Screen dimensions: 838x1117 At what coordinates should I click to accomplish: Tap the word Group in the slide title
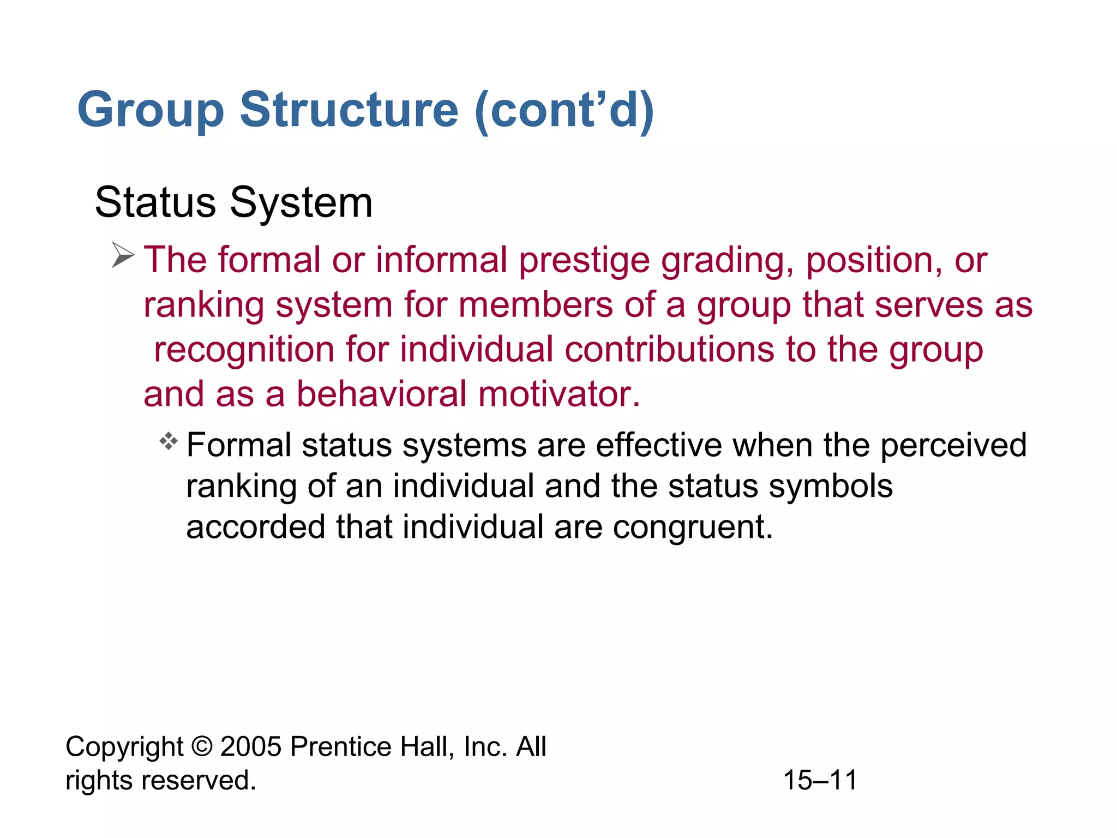click(151, 111)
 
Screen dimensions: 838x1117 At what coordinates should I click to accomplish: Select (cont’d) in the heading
click(564, 110)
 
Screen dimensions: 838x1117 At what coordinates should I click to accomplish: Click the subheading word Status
click(155, 203)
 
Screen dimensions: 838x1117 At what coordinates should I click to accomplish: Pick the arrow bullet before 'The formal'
click(123, 255)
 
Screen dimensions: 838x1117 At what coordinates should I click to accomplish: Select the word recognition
click(244, 350)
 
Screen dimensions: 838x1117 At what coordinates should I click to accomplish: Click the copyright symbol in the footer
click(202, 746)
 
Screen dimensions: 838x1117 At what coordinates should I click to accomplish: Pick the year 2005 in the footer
click(251, 746)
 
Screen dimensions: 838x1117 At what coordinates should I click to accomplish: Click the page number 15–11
click(820, 780)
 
